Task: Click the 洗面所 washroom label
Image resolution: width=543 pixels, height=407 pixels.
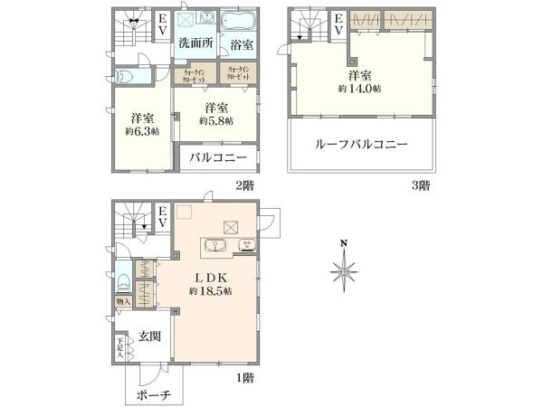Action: click(x=195, y=43)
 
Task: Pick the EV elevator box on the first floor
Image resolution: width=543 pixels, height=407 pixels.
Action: click(x=162, y=218)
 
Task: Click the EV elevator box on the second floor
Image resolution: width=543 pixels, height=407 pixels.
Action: click(x=162, y=24)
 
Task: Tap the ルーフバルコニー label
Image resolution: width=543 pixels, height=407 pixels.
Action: click(x=361, y=145)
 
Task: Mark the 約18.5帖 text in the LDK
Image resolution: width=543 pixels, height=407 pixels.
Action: click(x=211, y=291)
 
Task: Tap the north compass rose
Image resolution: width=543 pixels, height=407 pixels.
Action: click(x=344, y=269)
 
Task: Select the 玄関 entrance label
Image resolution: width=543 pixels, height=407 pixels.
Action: click(x=149, y=336)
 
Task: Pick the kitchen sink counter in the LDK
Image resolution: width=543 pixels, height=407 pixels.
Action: click(x=218, y=247)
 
